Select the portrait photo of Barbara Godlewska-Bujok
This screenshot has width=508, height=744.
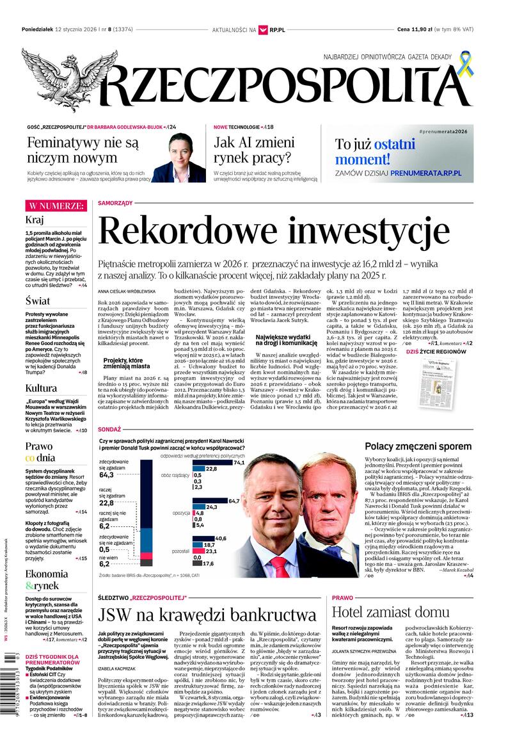pyautogui.click(x=179, y=159)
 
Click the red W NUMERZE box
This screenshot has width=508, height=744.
pyautogui.click(x=56, y=206)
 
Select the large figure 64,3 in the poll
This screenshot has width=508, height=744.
pyautogui.click(x=107, y=475)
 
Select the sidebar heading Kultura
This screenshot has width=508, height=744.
pyautogui.click(x=41, y=387)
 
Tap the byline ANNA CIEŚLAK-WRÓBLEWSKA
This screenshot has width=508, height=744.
pyautogui.click(x=127, y=291)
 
